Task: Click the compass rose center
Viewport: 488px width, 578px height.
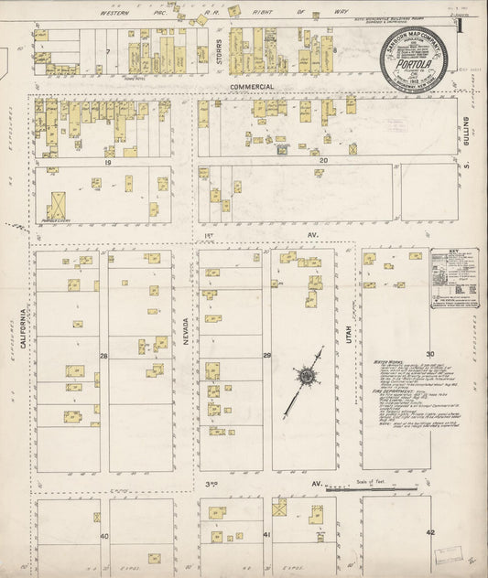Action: (303, 374)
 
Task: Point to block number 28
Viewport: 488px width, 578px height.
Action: (103, 355)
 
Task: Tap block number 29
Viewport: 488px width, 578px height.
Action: (266, 355)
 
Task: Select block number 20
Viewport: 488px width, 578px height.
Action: (322, 159)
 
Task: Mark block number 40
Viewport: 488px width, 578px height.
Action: (103, 535)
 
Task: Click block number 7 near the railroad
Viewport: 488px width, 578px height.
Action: (107, 51)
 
